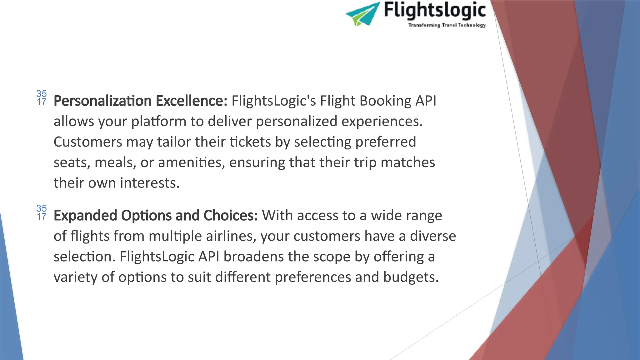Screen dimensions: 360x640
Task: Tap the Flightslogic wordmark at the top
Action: pos(434,10)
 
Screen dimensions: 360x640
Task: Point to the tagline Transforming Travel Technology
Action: pos(447,25)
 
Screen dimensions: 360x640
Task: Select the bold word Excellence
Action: pos(191,101)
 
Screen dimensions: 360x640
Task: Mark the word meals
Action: pos(115,162)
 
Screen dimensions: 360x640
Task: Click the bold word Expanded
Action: pos(85,216)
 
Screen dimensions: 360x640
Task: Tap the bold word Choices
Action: pos(231,216)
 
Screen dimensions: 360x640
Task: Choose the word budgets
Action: pos(411,277)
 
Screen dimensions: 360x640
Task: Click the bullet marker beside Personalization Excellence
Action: pos(42,98)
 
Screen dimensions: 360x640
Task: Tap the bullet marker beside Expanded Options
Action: pos(42,212)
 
